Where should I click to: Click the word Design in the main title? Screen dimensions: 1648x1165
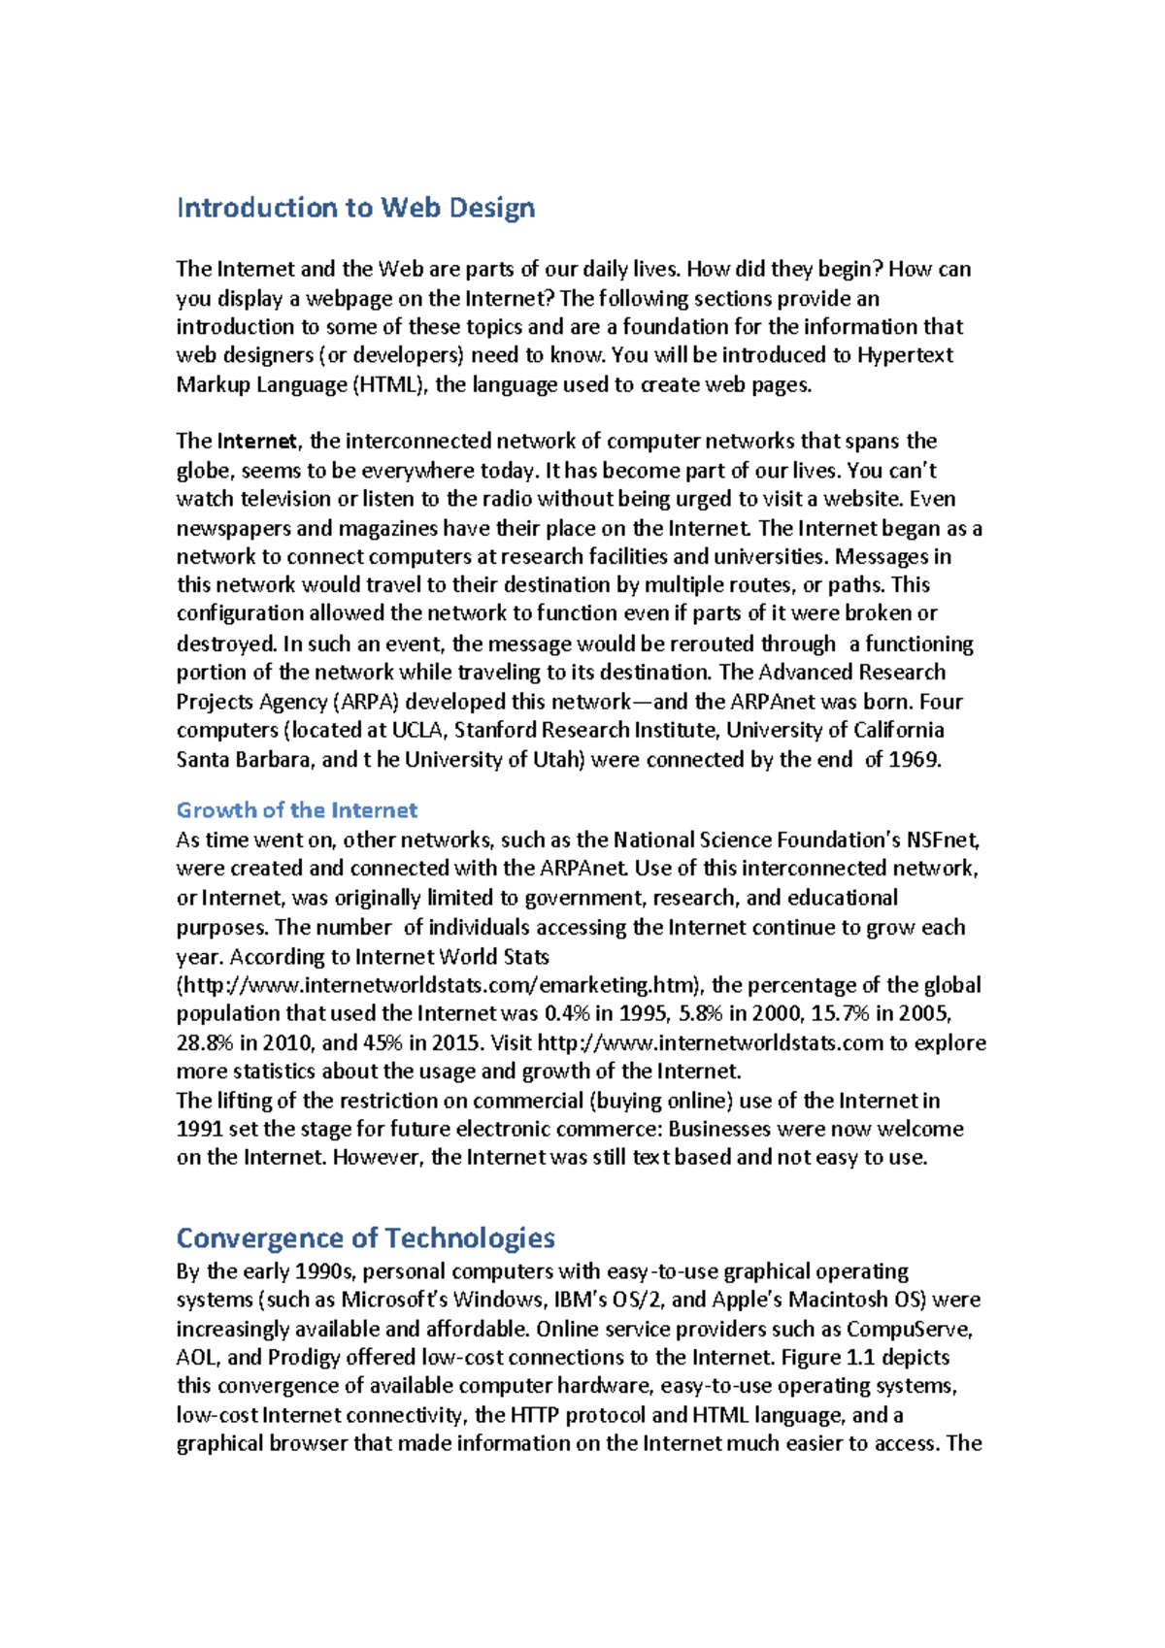pos(491,208)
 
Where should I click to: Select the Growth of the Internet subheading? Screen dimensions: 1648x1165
pos(296,810)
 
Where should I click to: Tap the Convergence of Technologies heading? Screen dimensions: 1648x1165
pos(365,1238)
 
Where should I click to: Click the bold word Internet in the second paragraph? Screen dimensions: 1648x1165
pos(257,442)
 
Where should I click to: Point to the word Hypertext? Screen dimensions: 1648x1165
pos(905,355)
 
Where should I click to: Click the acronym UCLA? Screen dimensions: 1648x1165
pos(416,730)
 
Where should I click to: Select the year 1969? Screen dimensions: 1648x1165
pos(915,759)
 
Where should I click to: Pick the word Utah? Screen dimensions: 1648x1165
pos(557,759)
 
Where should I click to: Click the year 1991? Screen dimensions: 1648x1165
pos(200,1129)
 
